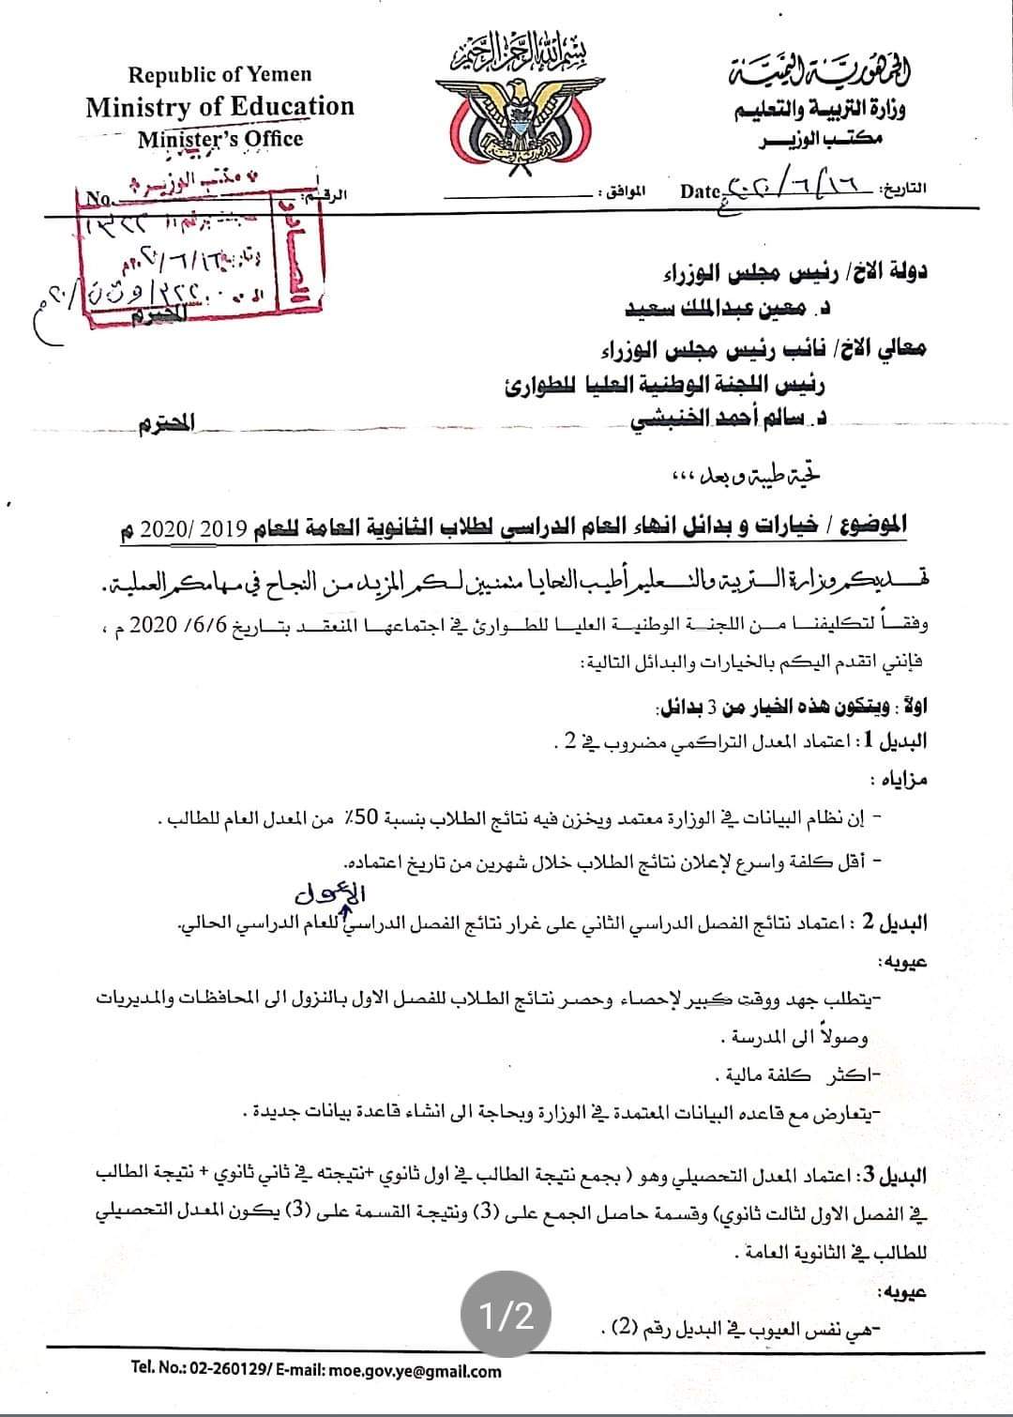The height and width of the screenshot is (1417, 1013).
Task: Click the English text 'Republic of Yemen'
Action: point(219,74)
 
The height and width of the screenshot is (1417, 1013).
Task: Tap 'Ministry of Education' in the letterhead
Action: point(220,107)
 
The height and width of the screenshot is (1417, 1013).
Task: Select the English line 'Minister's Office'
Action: point(220,139)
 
